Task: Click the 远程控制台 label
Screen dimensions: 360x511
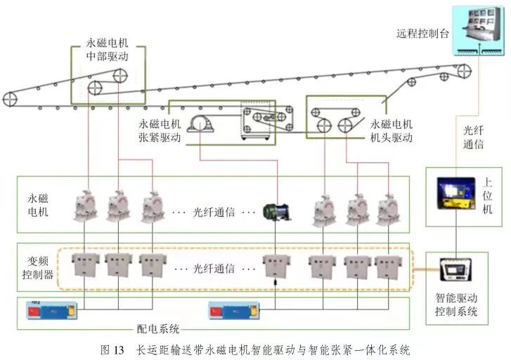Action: click(422, 33)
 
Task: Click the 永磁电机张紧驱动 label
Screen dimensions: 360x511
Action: click(160, 131)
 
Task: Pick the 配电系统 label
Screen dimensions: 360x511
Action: click(159, 328)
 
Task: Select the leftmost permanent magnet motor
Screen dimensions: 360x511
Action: click(87, 205)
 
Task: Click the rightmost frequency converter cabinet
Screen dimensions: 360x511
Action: click(387, 266)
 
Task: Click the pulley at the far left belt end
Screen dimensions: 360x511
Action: click(10, 99)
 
